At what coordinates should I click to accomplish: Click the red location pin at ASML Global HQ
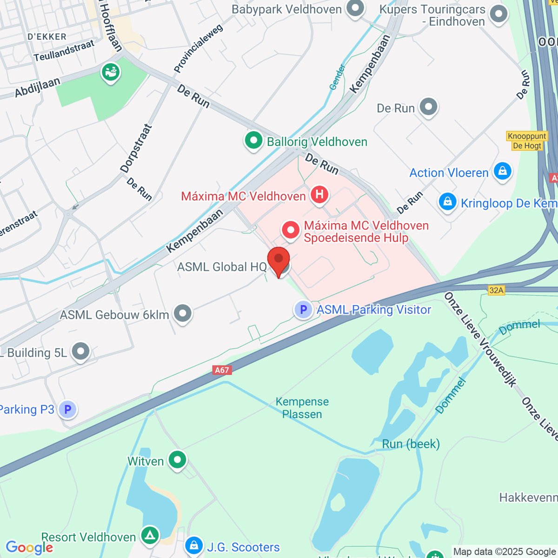(279, 260)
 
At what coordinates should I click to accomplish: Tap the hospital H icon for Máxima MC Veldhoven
(319, 194)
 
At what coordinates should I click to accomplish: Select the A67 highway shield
(222, 370)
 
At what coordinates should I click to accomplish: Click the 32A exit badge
(496, 290)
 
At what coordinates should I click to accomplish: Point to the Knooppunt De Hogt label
(526, 141)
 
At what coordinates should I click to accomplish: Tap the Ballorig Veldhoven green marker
(253, 140)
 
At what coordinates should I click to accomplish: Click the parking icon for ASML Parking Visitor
(303, 309)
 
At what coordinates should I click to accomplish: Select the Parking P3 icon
(68, 410)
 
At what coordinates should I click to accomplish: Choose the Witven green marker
(177, 460)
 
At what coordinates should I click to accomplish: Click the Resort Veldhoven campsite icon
(150, 536)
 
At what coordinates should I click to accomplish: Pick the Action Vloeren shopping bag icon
(502, 171)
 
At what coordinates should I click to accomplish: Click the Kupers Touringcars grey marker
(499, 14)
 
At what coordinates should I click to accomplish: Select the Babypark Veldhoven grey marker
(356, 9)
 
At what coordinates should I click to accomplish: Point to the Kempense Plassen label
(302, 408)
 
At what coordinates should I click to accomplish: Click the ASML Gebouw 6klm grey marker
(183, 313)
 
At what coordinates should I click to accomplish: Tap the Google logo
(29, 548)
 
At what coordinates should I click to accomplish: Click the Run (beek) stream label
(411, 444)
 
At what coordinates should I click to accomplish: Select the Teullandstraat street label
(64, 51)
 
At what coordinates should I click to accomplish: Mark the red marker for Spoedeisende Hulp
(291, 230)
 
